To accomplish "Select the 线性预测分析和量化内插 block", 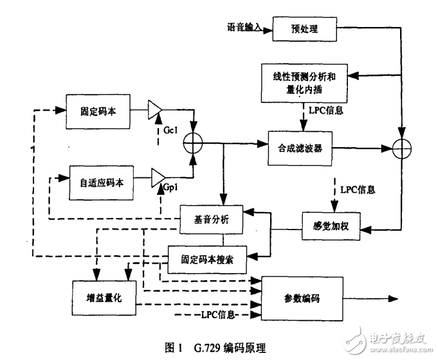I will pyautogui.click(x=300, y=82).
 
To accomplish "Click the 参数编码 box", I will pyautogui.click(x=302, y=298).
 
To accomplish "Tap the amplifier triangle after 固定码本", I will pyautogui.click(x=155, y=110).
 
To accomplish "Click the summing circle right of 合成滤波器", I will pyautogui.click(x=402, y=148).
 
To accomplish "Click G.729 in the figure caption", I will pyautogui.click(x=205, y=347).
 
